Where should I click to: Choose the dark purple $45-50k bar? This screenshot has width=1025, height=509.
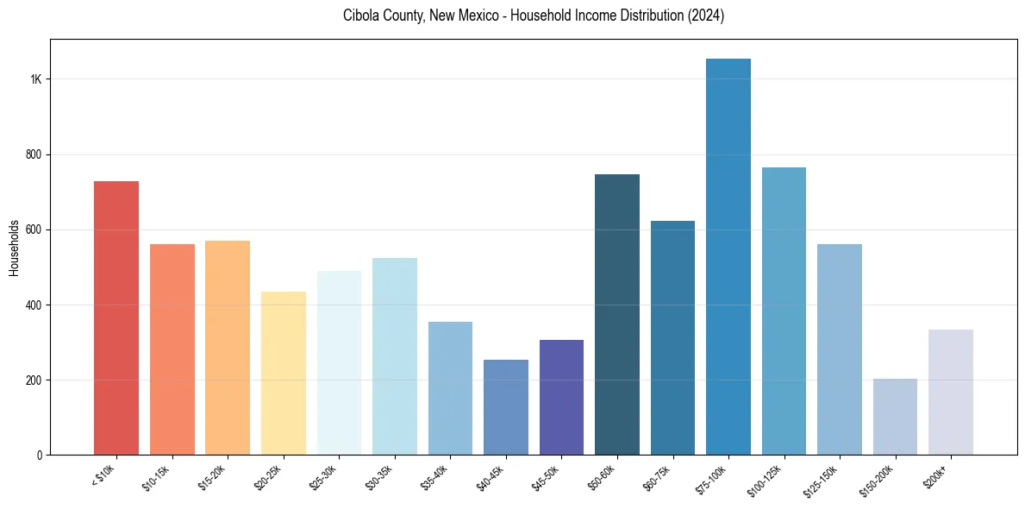pos(561,397)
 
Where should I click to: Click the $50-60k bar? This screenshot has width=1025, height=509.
pos(617,314)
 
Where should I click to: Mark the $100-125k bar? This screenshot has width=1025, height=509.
pos(784,311)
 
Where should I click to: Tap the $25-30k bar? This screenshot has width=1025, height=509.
pos(339,362)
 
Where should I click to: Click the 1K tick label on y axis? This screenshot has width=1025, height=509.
pos(35,79)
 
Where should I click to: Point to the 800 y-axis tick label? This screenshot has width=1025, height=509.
pos(34,154)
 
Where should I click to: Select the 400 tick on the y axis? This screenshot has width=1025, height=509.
pos(34,305)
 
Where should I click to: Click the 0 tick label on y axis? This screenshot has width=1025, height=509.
pos(40,456)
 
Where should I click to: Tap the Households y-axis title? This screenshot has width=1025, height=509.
pos(15,248)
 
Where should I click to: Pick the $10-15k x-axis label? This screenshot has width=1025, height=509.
pos(157,477)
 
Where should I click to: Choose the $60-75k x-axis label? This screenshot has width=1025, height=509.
pos(658,477)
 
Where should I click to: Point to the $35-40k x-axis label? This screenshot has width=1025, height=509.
pos(435,477)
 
